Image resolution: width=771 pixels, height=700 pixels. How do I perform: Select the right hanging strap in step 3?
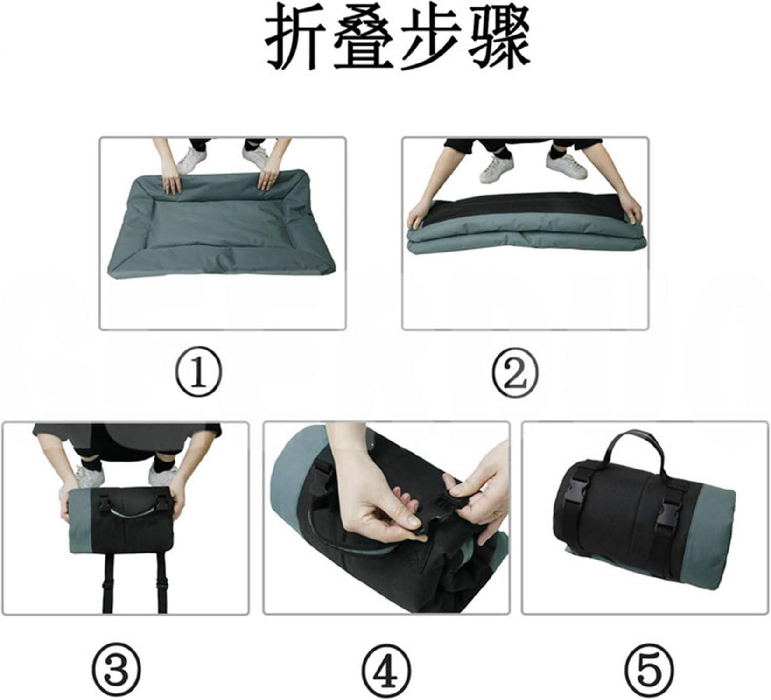point(162,583)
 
